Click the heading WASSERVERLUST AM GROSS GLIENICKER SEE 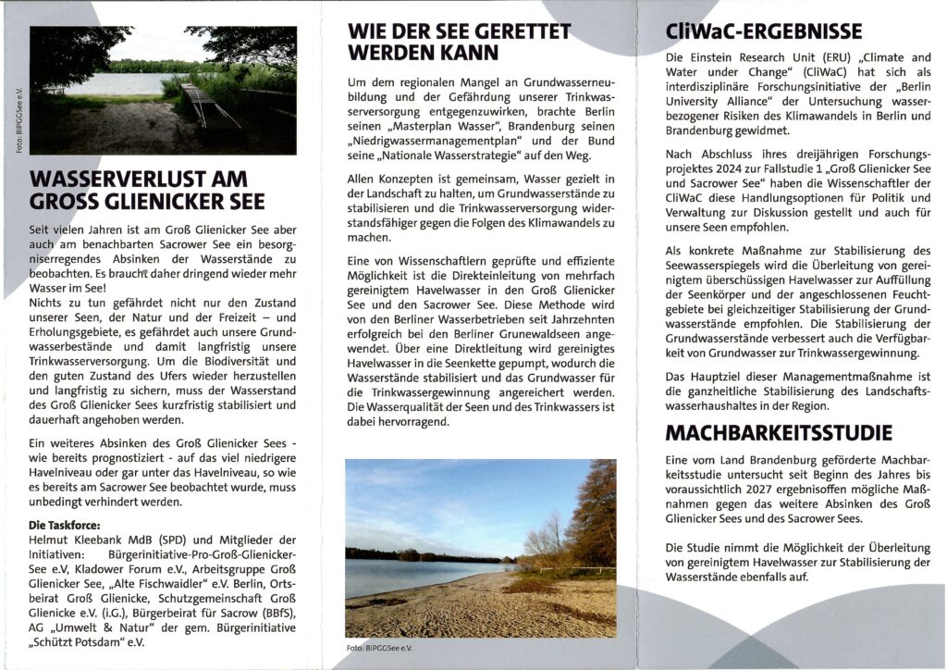[x=148, y=190]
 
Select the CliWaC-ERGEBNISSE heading [x=764, y=32]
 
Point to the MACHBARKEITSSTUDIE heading [x=780, y=432]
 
